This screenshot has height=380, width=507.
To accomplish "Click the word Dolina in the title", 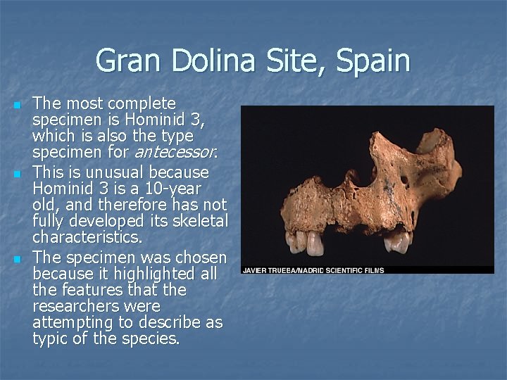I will pos(204,61).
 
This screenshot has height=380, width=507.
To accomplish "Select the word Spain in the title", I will pos(373,61).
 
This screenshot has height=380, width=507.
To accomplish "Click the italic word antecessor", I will pos(175,151).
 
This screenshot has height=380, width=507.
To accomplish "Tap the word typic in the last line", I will pos(50,339).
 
